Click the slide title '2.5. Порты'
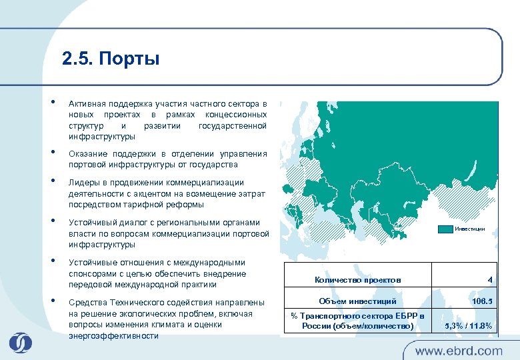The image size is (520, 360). [111, 59]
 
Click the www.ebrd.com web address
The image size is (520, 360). [459, 350]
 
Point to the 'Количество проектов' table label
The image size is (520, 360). [357, 280]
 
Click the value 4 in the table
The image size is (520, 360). [489, 280]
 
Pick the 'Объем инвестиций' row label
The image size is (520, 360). [357, 301]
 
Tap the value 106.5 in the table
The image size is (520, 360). [481, 301]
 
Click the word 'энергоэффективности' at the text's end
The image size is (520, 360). [113, 335]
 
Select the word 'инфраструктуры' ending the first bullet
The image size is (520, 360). [101, 137]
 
